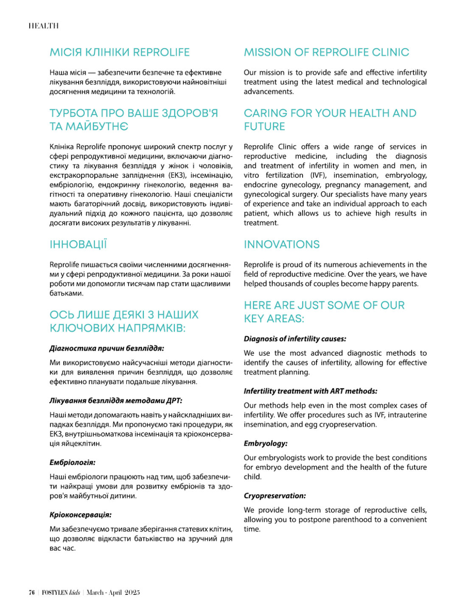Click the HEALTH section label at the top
(x=43, y=26)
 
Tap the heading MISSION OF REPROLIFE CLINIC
(x=326, y=52)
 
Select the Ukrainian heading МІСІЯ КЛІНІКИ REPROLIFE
(x=120, y=52)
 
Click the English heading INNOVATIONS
(x=282, y=244)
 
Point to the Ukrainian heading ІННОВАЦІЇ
(x=78, y=244)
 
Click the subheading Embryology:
(x=266, y=443)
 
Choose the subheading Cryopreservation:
(x=274, y=496)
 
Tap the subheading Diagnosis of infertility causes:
(x=295, y=339)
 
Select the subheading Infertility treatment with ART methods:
(x=310, y=391)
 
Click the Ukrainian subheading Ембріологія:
(x=72, y=462)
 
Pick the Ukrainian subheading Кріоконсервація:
(x=81, y=515)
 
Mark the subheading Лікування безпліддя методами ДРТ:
(x=116, y=401)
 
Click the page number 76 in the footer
(x=31, y=593)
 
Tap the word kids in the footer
(x=74, y=593)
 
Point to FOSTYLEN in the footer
(x=55, y=593)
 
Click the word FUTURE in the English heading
(x=264, y=126)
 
